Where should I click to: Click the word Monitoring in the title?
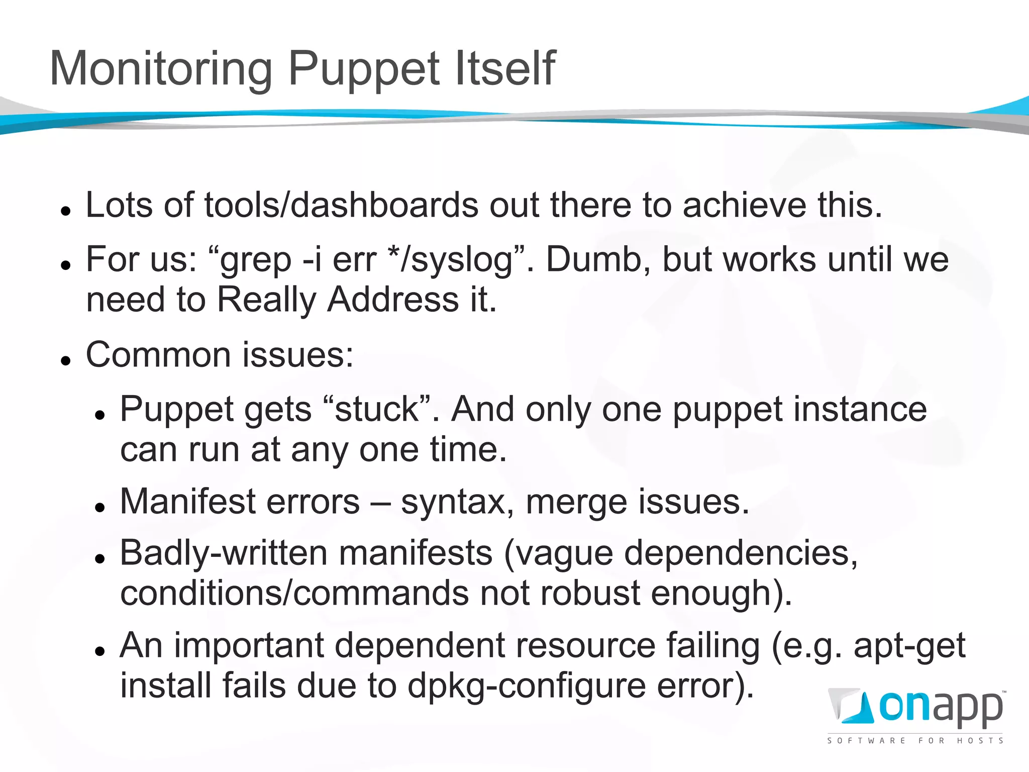coord(161,69)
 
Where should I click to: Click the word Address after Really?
coord(393,300)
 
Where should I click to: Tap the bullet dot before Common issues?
coord(65,360)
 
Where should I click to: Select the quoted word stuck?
coord(377,409)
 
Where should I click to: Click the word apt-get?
coord(909,646)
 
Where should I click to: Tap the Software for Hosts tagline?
coord(915,740)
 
